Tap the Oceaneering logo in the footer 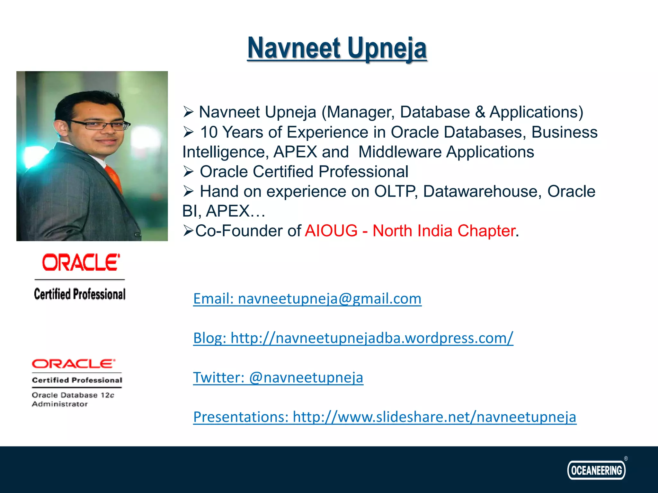pos(596,470)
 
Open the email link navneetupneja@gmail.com pos(307,298)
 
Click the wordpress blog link pos(353,338)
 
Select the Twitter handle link pos(278,377)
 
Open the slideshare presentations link pos(385,417)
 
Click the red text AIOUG pos(331,231)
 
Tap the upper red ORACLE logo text pos(81,263)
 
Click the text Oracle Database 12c pos(73,395)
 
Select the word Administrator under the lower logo pos(60,404)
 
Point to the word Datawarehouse pos(480,191)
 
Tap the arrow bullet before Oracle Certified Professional pos(188,172)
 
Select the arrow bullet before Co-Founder pos(188,231)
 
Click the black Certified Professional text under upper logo pos(80,294)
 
